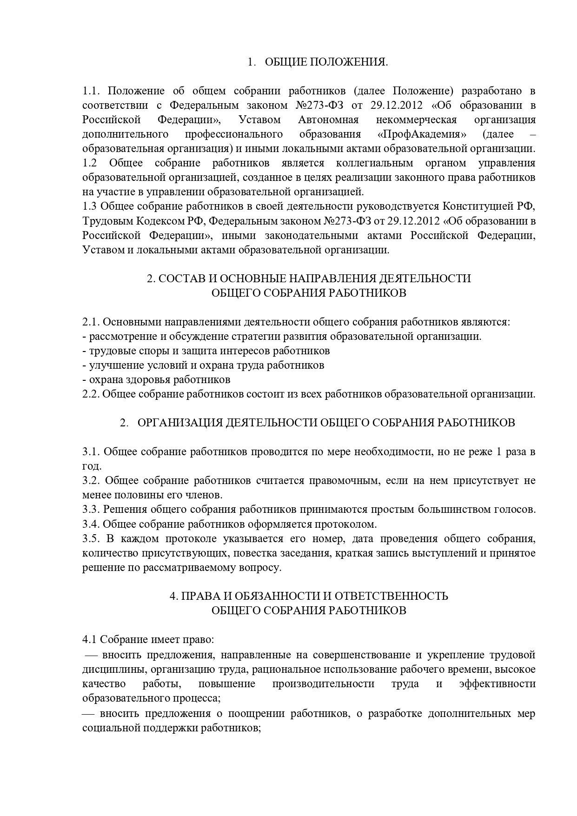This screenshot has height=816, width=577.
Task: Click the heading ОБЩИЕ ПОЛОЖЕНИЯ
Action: (326, 62)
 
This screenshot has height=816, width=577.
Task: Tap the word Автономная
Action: (328, 120)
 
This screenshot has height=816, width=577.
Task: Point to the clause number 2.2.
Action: (91, 394)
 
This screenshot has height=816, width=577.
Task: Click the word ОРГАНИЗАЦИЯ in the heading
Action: (179, 423)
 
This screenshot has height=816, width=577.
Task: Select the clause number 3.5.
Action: (91, 539)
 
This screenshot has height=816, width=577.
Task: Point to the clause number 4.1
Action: (90, 639)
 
